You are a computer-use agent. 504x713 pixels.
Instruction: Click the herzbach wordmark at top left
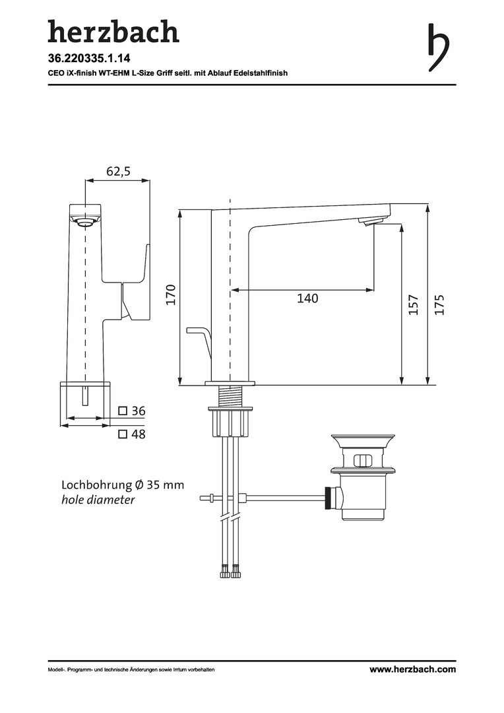click(113, 32)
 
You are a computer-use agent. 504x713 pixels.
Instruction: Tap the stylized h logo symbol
click(439, 48)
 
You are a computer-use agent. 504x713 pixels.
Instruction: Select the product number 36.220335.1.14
click(89, 58)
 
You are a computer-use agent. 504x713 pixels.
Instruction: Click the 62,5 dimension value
click(118, 171)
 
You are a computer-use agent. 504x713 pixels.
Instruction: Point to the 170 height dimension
click(170, 294)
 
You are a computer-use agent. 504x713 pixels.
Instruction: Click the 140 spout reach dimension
click(307, 298)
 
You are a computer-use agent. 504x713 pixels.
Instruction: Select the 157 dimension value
click(413, 304)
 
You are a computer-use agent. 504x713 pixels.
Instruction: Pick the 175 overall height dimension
click(439, 304)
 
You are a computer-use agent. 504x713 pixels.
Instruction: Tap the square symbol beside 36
click(123, 411)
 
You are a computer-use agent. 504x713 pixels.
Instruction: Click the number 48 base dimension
click(139, 434)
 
